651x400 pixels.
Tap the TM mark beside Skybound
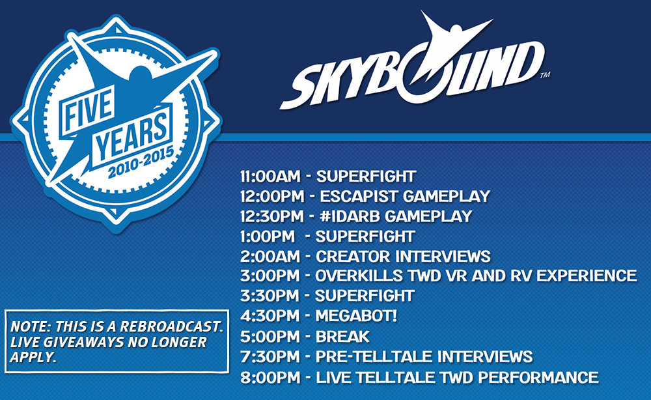(x=545, y=75)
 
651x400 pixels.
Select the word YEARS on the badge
(x=133, y=135)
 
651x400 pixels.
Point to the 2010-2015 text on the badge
(x=141, y=162)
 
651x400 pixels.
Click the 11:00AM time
(x=270, y=176)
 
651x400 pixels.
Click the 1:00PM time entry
(x=268, y=236)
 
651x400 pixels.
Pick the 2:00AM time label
(x=270, y=256)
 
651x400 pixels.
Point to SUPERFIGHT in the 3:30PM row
(x=365, y=295)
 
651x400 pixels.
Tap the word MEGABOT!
(x=356, y=316)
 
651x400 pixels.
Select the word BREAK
(x=342, y=336)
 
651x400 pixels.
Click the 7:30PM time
(x=270, y=356)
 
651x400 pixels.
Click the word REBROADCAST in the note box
(x=171, y=326)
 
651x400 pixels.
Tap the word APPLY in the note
(x=33, y=357)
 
